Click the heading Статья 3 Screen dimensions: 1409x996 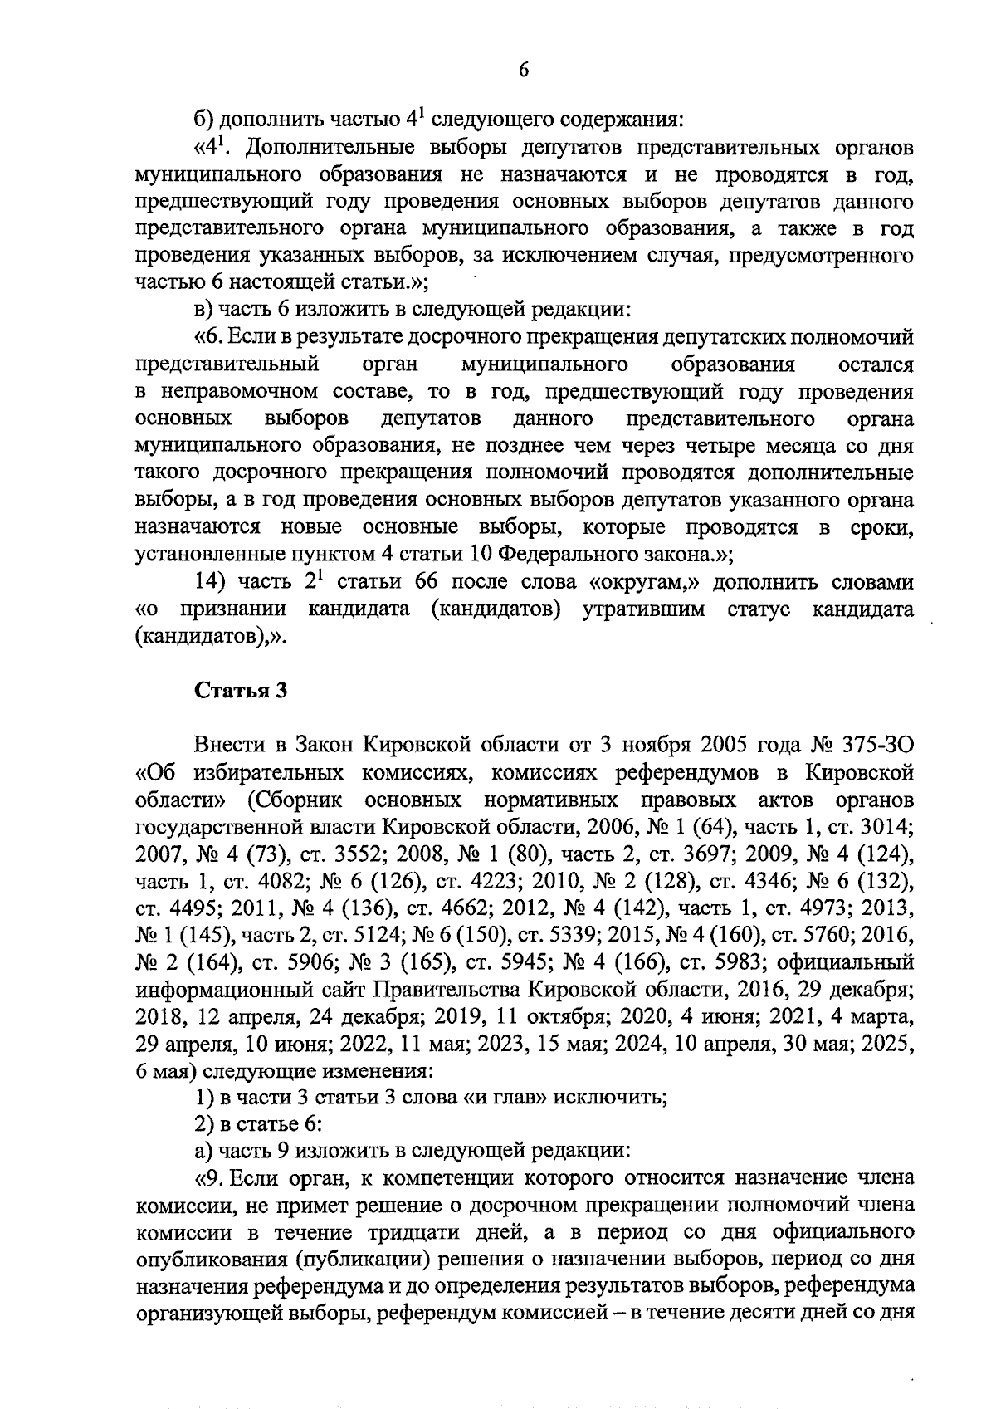point(241,692)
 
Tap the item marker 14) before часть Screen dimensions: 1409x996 point(212,582)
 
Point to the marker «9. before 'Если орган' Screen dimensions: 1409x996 point(207,1177)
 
